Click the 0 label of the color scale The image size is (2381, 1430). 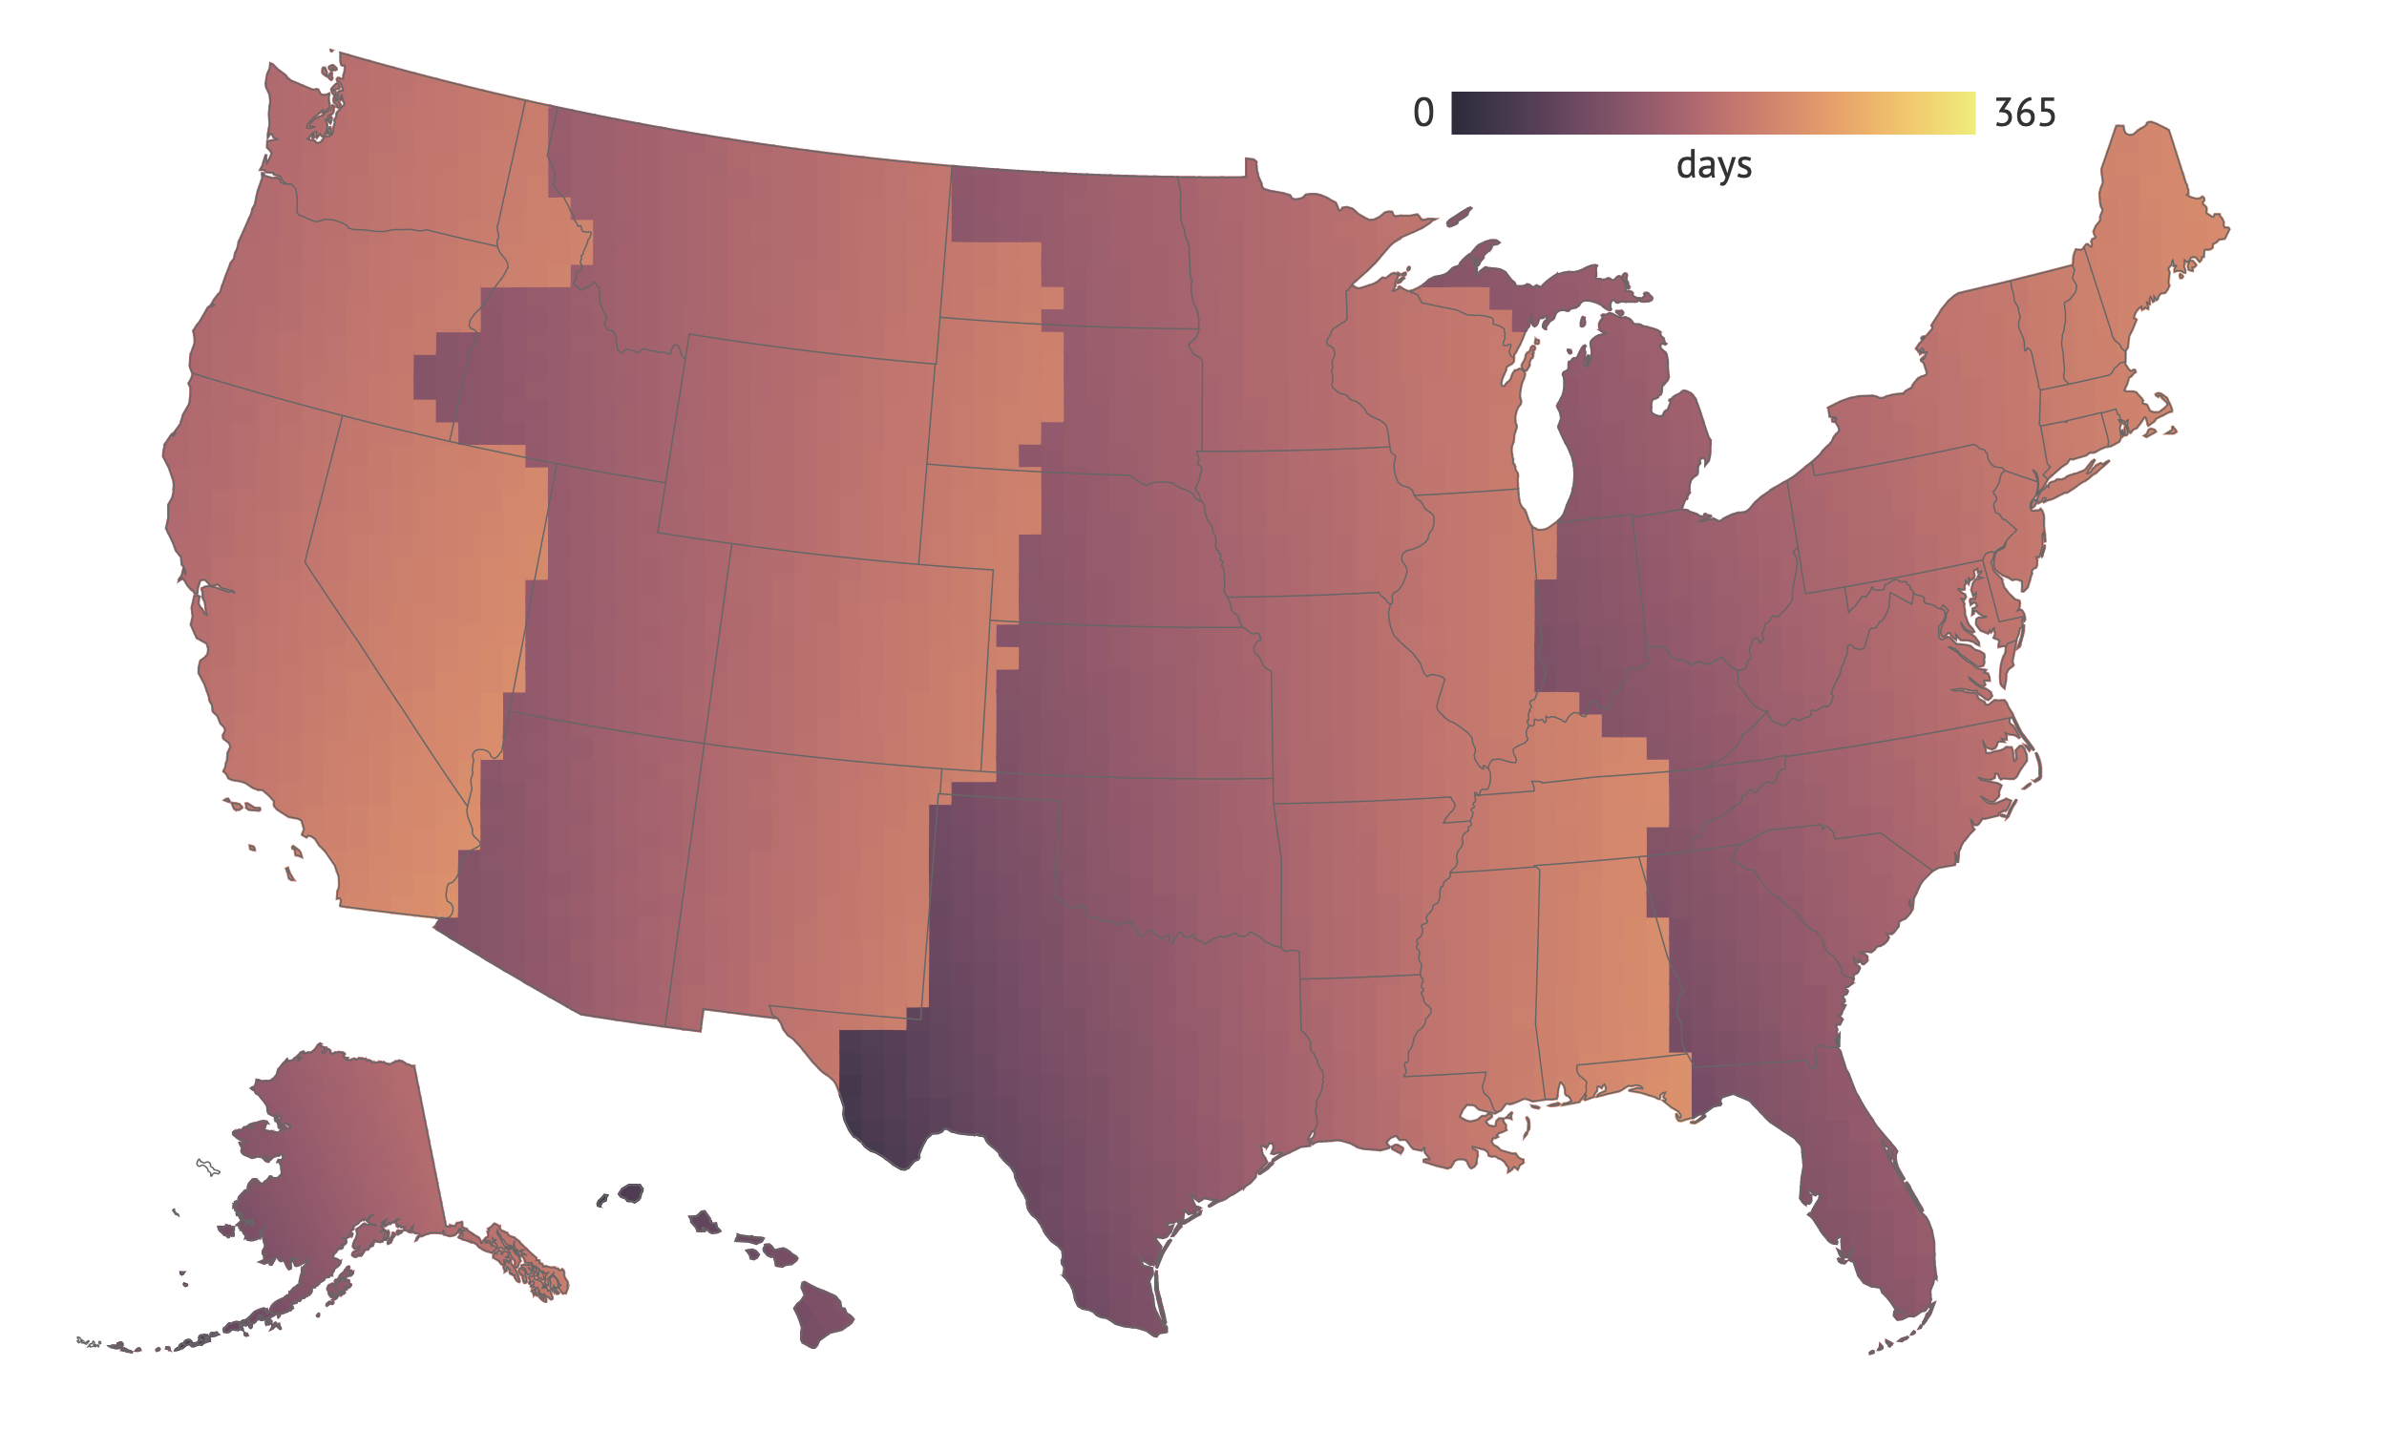pyautogui.click(x=1422, y=113)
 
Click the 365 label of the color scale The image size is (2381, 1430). pyautogui.click(x=2025, y=113)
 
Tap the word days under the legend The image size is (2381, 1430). pyautogui.click(x=1714, y=165)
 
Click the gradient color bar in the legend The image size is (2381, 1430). pyautogui.click(x=1713, y=113)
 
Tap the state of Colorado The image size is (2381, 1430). pyautogui.click(x=848, y=655)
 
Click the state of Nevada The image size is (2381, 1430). pyautogui.click(x=424, y=569)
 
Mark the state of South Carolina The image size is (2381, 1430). pyautogui.click(x=1831, y=887)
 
